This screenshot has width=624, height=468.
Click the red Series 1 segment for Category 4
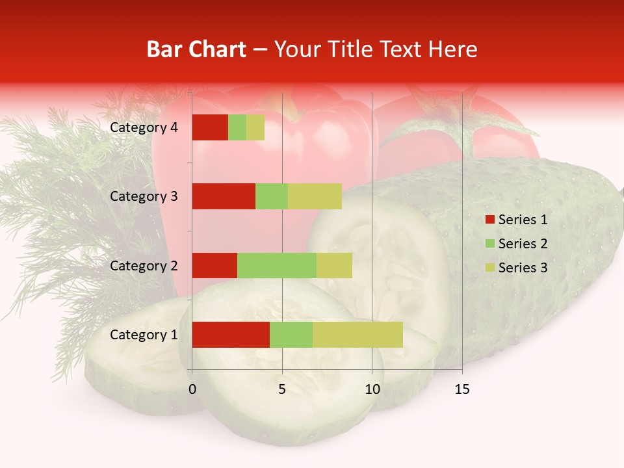pos(210,127)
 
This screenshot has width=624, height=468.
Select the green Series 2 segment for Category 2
pos(277,265)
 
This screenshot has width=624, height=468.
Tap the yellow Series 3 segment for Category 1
pos(357,335)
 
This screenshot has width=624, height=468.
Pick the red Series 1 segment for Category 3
pos(224,196)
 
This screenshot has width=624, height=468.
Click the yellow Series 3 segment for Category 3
pos(315,196)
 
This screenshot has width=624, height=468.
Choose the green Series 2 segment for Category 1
pos(291,335)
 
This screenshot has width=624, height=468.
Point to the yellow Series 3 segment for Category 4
pos(255,127)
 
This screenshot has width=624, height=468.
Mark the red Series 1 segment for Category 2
pos(214,265)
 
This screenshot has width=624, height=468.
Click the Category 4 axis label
pos(144,127)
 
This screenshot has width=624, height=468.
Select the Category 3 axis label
pos(144,196)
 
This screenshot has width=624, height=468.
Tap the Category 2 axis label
pos(144,265)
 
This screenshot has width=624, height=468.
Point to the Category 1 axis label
pos(144,335)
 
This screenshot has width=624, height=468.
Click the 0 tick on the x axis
pos(192,390)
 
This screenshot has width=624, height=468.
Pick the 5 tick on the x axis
pos(282,390)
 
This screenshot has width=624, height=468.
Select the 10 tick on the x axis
pos(372,390)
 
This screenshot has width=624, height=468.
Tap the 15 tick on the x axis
pos(462,390)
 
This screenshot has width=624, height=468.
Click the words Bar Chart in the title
pos(196,49)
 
